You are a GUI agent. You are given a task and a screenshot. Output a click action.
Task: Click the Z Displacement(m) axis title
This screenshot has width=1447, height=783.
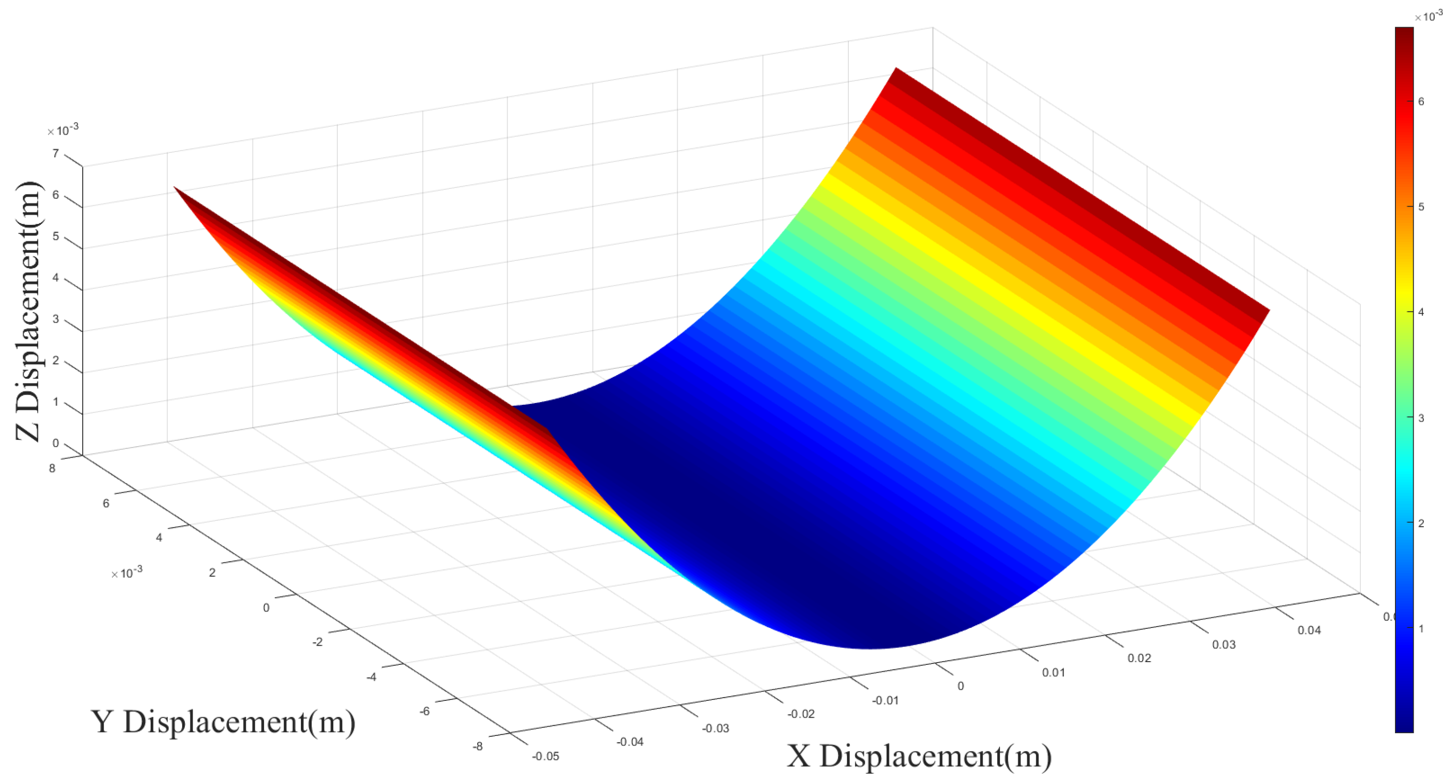(x=28, y=312)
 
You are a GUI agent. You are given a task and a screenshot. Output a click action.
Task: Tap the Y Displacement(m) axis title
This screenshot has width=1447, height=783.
(x=223, y=722)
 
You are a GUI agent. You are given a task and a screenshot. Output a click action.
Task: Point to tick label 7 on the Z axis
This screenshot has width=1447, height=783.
(x=55, y=153)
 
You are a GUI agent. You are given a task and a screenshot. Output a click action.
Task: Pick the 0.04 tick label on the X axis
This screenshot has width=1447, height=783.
(x=1309, y=631)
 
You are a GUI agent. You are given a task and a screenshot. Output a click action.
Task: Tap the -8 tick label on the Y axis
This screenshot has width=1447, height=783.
(x=477, y=747)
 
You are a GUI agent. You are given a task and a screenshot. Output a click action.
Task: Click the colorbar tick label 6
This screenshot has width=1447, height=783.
(x=1421, y=102)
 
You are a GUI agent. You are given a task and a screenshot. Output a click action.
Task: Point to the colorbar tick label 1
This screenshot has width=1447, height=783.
(x=1421, y=628)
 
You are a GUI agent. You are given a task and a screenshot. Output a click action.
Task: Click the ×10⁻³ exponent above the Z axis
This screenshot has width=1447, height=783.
(x=63, y=130)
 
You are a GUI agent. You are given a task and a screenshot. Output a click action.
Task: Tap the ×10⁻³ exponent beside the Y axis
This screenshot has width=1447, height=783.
(x=127, y=573)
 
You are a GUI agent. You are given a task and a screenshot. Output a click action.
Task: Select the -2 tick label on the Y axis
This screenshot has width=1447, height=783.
(x=317, y=642)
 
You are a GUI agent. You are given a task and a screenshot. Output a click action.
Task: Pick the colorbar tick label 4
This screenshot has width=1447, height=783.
(x=1421, y=312)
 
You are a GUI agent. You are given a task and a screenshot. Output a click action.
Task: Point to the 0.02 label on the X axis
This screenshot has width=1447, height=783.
(x=1139, y=658)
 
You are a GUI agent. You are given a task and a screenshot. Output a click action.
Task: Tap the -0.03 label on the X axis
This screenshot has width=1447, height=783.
(x=715, y=728)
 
